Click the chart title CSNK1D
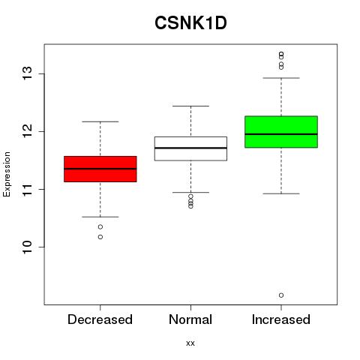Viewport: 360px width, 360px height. click(x=190, y=23)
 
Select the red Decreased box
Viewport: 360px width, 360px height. click(x=100, y=169)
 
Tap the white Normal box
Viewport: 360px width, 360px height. click(x=190, y=148)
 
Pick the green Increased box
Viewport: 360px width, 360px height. click(x=281, y=132)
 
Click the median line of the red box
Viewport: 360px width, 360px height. click(x=100, y=169)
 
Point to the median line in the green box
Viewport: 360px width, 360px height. click(x=281, y=134)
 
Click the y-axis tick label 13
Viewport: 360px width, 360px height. click(x=28, y=73)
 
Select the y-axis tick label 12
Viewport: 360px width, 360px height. click(x=28, y=131)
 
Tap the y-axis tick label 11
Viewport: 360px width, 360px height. click(x=28, y=189)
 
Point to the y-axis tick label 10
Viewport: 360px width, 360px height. click(x=28, y=247)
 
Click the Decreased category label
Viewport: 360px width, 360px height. click(x=100, y=319)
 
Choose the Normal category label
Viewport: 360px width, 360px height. click(x=190, y=319)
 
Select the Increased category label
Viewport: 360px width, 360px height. click(x=281, y=319)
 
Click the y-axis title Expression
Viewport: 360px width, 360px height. click(x=7, y=174)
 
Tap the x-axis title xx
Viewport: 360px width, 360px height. click(x=190, y=343)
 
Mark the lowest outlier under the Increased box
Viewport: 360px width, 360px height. click(x=281, y=295)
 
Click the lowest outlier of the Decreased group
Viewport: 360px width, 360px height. click(x=100, y=237)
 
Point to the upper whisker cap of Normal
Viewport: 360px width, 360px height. click(x=190, y=106)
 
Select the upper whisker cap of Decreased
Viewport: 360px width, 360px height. click(x=100, y=121)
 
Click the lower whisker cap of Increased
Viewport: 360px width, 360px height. click(x=281, y=193)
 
